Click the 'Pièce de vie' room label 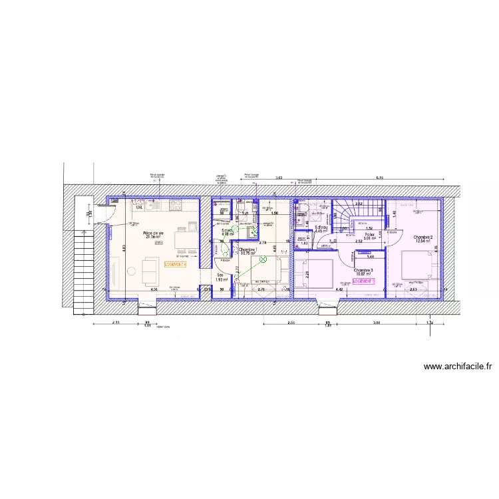tap(153, 234)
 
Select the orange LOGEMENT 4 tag tap(176, 264)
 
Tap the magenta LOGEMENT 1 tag tap(364, 281)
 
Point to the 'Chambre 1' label tap(248, 251)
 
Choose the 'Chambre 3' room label tap(363, 271)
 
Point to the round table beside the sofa tap(130, 270)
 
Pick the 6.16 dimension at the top tap(380, 178)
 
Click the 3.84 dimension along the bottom tap(377, 322)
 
